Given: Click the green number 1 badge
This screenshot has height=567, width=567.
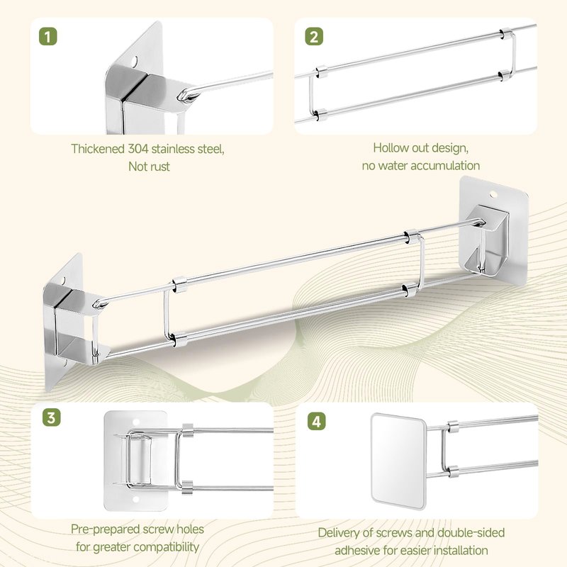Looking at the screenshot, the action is click(x=47, y=37).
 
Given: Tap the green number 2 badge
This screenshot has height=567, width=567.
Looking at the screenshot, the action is click(x=314, y=37).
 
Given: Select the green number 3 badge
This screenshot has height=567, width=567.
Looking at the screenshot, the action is click(x=51, y=417).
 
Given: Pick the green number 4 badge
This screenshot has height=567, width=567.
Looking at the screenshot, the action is click(x=316, y=422).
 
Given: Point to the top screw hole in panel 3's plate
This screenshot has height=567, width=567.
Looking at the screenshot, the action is click(x=136, y=422).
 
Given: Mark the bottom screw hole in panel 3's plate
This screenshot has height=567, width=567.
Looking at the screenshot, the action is click(x=136, y=500).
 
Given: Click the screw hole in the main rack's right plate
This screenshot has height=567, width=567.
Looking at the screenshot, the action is click(x=493, y=196).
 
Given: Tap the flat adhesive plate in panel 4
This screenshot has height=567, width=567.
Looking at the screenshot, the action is click(x=398, y=461).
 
